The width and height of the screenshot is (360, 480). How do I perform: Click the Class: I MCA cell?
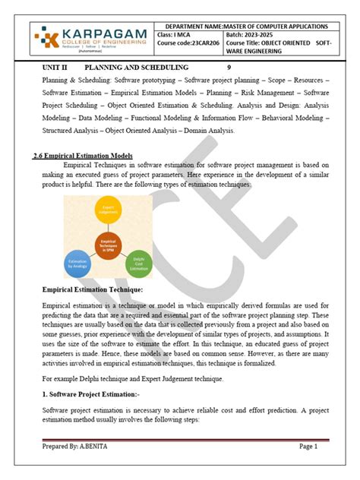[175, 36]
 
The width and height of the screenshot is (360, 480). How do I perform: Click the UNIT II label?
[55, 68]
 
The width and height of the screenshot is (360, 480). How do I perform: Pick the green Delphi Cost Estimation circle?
[139, 263]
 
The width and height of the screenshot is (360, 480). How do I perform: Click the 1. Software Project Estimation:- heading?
[90, 396]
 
